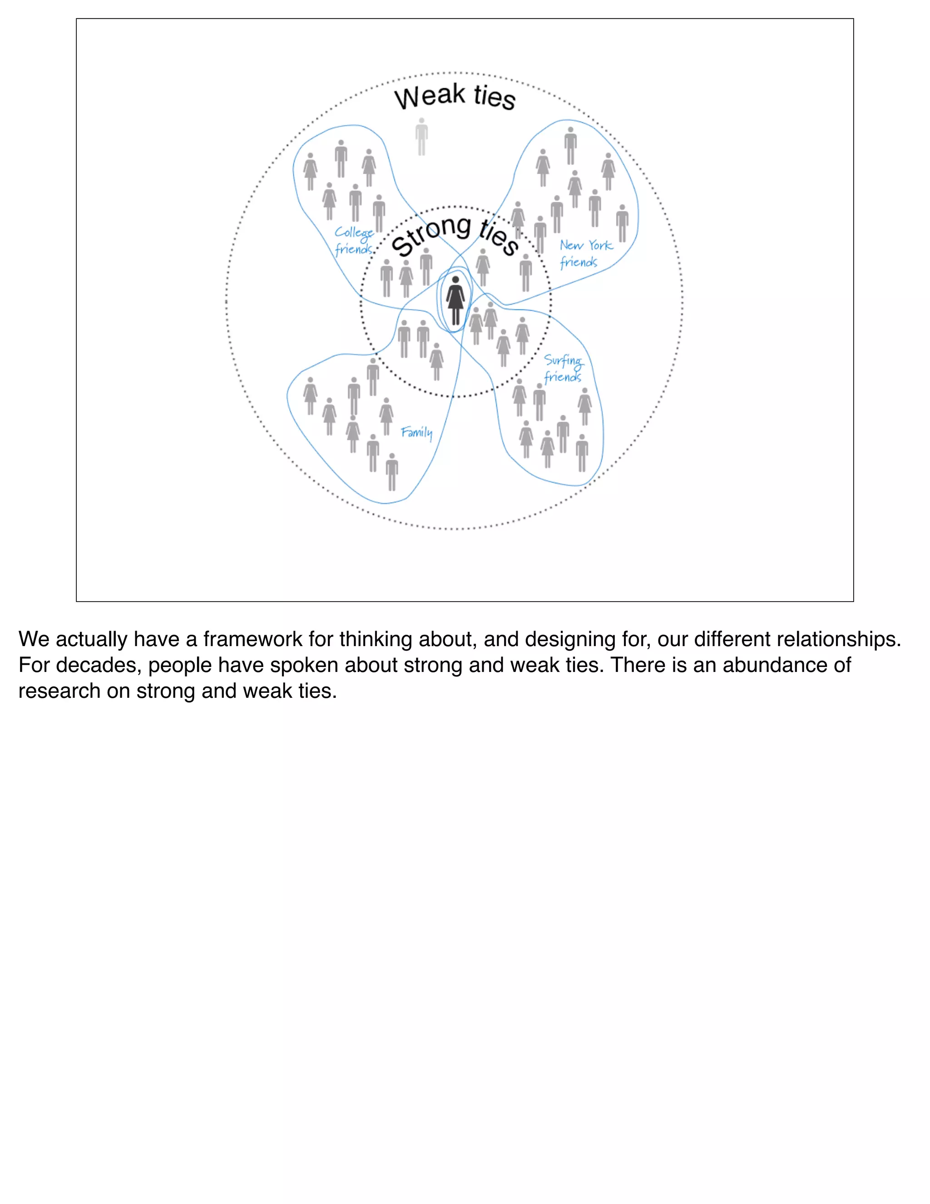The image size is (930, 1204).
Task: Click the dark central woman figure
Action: coord(455,300)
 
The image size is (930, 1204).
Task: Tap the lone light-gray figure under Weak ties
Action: coord(421,137)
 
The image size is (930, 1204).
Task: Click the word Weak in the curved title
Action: coord(429,97)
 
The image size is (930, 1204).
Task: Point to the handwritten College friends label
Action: coord(354,241)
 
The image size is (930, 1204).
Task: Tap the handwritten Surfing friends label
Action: coord(563,368)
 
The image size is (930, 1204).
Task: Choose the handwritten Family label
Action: coord(416,432)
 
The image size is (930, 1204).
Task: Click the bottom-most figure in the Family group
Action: coord(392,472)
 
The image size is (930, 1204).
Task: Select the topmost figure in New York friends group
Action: coord(570,146)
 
